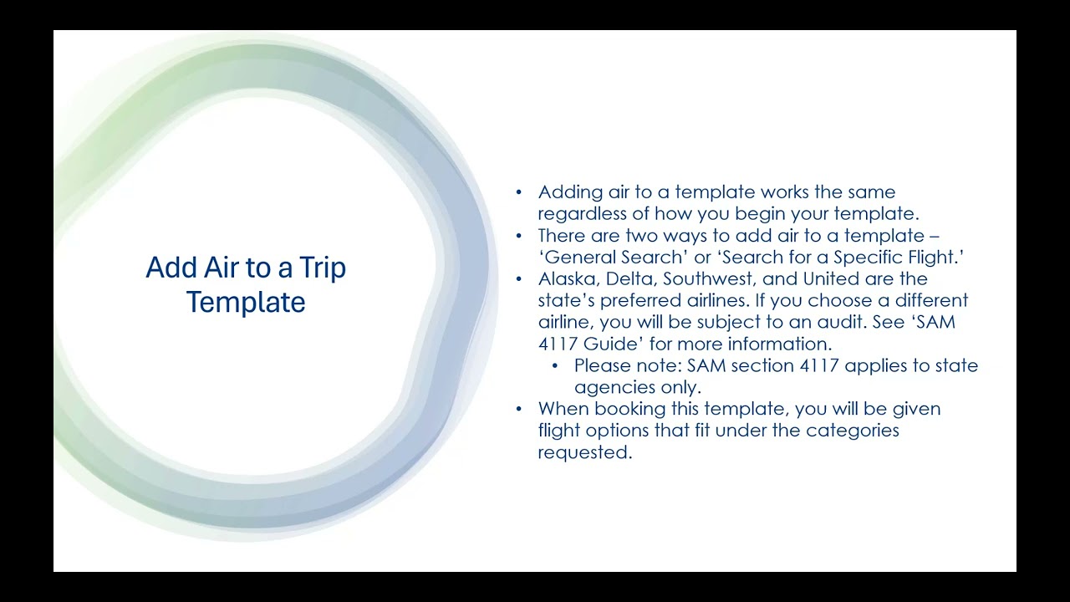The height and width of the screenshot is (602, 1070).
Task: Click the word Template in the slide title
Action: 246,302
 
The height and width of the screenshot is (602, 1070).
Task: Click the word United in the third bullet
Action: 831,278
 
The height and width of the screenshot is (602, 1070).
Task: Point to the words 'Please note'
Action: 625,365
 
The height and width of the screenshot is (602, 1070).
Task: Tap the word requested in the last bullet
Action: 583,452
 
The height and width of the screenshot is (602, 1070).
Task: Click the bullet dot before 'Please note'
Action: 555,365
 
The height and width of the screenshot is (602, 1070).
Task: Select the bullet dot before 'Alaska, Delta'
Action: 519,278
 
